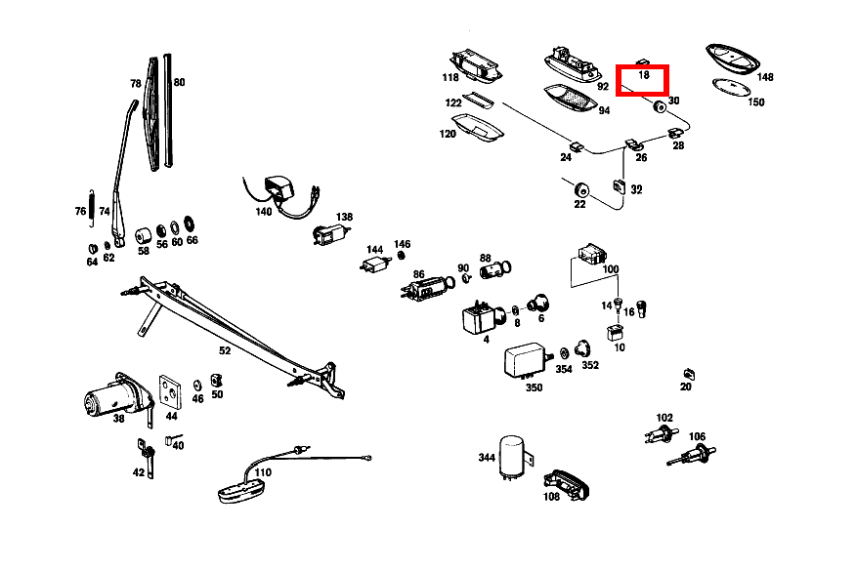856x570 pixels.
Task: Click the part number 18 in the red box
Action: pyautogui.click(x=644, y=75)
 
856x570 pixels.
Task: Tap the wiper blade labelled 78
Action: pyautogui.click(x=151, y=113)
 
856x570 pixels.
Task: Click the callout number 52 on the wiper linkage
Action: pyautogui.click(x=225, y=350)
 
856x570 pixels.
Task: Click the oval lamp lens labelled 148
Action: pyautogui.click(x=733, y=58)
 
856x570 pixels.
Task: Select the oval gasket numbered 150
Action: pyautogui.click(x=731, y=87)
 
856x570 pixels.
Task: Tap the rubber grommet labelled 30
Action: pyautogui.click(x=660, y=106)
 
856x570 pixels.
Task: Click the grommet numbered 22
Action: pyautogui.click(x=582, y=190)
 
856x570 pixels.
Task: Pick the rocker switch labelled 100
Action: pyautogui.click(x=592, y=254)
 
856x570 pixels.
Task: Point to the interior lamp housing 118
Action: pyautogui.click(x=475, y=65)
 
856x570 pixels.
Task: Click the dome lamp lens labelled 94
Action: pyautogui.click(x=570, y=99)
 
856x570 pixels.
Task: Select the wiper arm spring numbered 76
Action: pyautogui.click(x=92, y=206)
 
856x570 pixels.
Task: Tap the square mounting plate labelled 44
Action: pyautogui.click(x=170, y=391)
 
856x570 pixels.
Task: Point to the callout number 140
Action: pyautogui.click(x=263, y=211)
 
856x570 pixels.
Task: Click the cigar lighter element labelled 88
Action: pyautogui.click(x=494, y=269)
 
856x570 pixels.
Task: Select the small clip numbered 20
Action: pyautogui.click(x=689, y=374)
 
